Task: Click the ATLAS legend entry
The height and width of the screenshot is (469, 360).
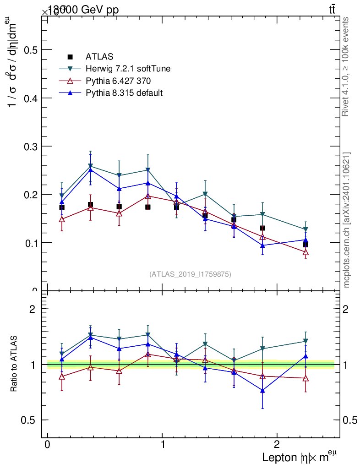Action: [99, 57]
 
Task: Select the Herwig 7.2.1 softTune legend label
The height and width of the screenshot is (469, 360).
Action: [128, 69]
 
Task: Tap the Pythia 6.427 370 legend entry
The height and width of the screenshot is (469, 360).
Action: [118, 81]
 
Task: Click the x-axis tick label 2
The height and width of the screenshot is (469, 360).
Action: [277, 445]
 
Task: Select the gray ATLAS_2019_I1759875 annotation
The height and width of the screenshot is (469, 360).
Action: [190, 274]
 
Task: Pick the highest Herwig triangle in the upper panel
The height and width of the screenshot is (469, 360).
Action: [91, 166]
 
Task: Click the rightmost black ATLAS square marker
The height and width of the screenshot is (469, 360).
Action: [305, 245]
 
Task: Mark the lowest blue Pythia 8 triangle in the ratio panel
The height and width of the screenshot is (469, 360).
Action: [262, 390]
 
